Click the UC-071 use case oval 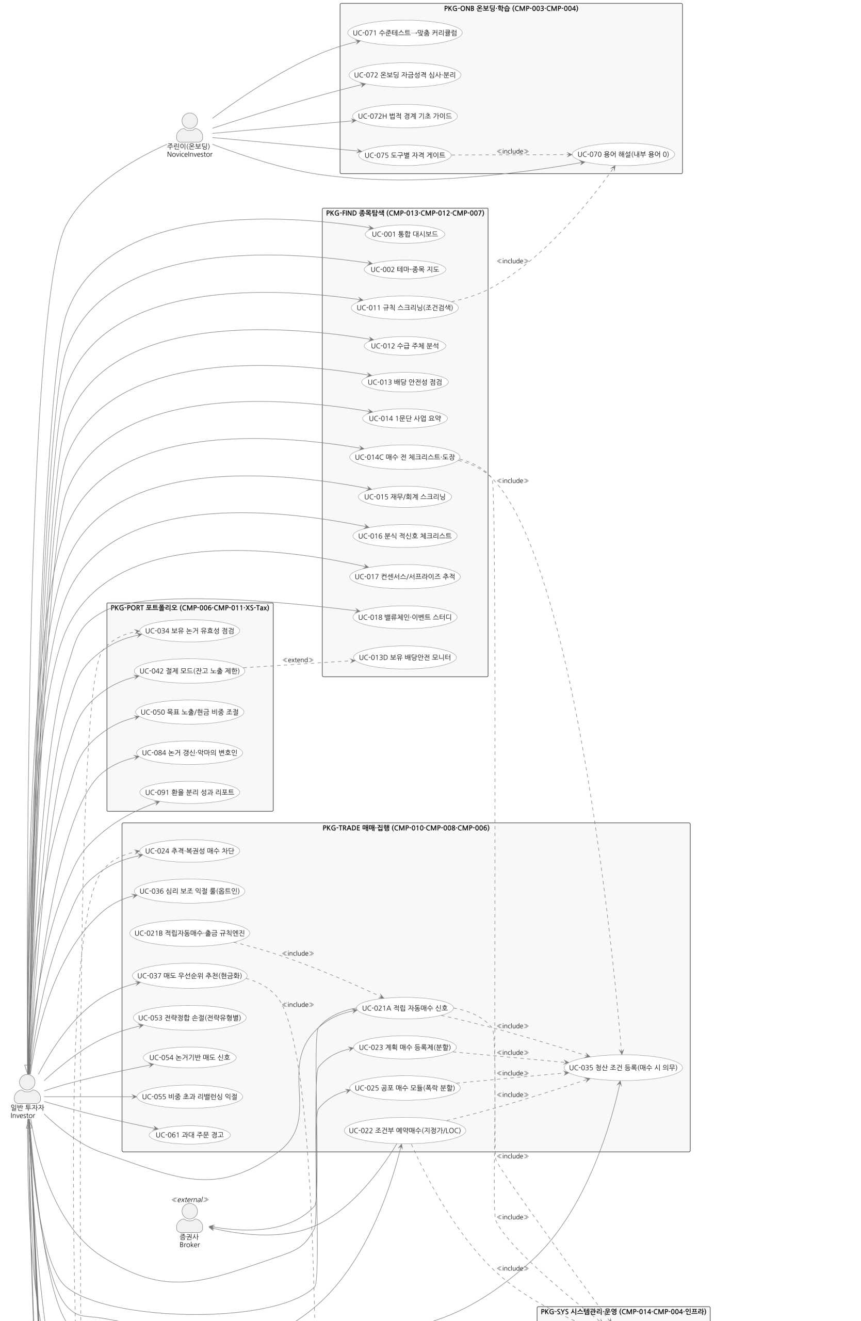point(405,33)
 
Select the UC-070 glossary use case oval point(623,154)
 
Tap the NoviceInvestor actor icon point(190,127)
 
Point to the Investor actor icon point(27,1088)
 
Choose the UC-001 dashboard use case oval point(405,234)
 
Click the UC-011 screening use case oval point(405,308)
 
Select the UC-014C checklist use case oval point(405,457)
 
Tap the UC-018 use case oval point(405,617)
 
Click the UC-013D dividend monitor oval point(405,658)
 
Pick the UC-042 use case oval point(189,671)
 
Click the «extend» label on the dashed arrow point(298,660)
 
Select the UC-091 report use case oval point(190,792)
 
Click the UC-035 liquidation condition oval point(623,1067)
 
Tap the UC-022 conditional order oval point(405,1131)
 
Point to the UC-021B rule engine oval point(190,933)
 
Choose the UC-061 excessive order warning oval point(190,1135)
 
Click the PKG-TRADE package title point(406,828)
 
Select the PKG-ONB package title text point(511,8)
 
